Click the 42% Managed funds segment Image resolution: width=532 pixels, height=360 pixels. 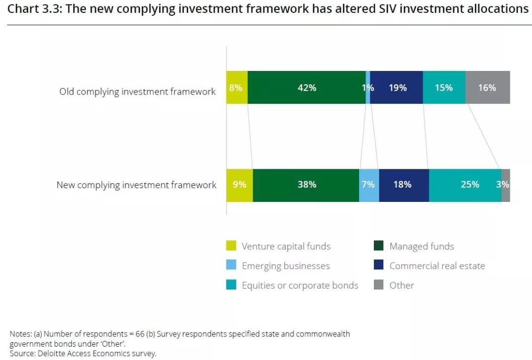tap(306, 87)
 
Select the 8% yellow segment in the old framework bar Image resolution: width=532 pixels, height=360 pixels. tap(236, 87)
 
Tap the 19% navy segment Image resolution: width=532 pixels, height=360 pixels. tap(397, 87)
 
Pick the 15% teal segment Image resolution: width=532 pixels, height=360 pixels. tap(444, 87)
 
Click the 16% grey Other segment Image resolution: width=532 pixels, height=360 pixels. tap(487, 87)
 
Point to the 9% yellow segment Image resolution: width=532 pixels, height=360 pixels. tap(239, 185)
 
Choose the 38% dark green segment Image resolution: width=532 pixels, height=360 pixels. tap(306, 185)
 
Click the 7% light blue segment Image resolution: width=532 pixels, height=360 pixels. tap(369, 185)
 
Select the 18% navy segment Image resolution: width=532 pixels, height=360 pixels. tap(403, 185)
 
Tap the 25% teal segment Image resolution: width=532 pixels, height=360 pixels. tap(465, 185)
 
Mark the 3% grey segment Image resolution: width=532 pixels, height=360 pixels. tap(506, 185)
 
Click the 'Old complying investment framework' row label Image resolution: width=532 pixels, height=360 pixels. tap(137, 92)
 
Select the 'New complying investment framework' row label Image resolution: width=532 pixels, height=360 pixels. tap(136, 185)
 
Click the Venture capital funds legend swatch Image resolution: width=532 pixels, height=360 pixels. tap(231, 246)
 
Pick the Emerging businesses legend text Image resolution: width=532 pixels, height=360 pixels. tap(286, 266)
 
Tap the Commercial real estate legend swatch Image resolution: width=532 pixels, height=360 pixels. tap(379, 265)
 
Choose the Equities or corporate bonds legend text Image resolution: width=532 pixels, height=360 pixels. tap(300, 285)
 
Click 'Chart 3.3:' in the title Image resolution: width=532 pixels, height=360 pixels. tap(33, 9)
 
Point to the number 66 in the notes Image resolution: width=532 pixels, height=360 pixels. tap(139, 334)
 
